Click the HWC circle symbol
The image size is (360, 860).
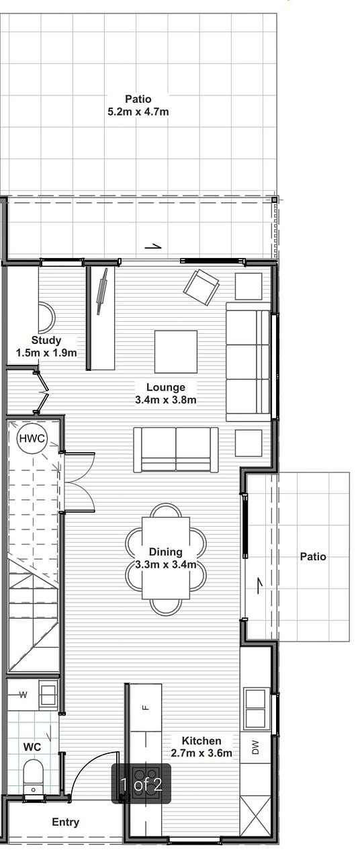32,438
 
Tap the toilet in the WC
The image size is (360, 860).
34,776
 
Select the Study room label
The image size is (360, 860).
46,340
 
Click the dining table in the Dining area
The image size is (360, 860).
166,558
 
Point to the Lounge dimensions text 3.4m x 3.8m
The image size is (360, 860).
166,400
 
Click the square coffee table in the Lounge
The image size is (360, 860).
176,351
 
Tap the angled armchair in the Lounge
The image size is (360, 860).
201,287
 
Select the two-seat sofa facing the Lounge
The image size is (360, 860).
176,449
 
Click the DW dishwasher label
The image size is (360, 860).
256,747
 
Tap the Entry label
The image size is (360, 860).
66,822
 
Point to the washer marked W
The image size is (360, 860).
23,695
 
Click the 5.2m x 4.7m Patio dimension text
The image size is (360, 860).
138,112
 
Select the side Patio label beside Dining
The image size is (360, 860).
313,556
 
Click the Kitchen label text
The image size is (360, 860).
201,740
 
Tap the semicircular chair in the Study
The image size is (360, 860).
47,318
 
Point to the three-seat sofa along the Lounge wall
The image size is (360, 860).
249,361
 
